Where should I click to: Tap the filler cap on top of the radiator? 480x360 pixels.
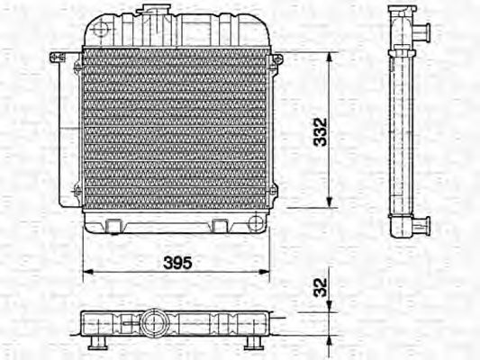[149, 10]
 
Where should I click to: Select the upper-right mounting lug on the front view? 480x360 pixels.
[276, 60]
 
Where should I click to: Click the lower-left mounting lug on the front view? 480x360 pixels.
[77, 190]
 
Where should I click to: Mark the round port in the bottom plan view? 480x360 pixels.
[154, 322]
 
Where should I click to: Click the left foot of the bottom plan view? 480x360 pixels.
[93, 346]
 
